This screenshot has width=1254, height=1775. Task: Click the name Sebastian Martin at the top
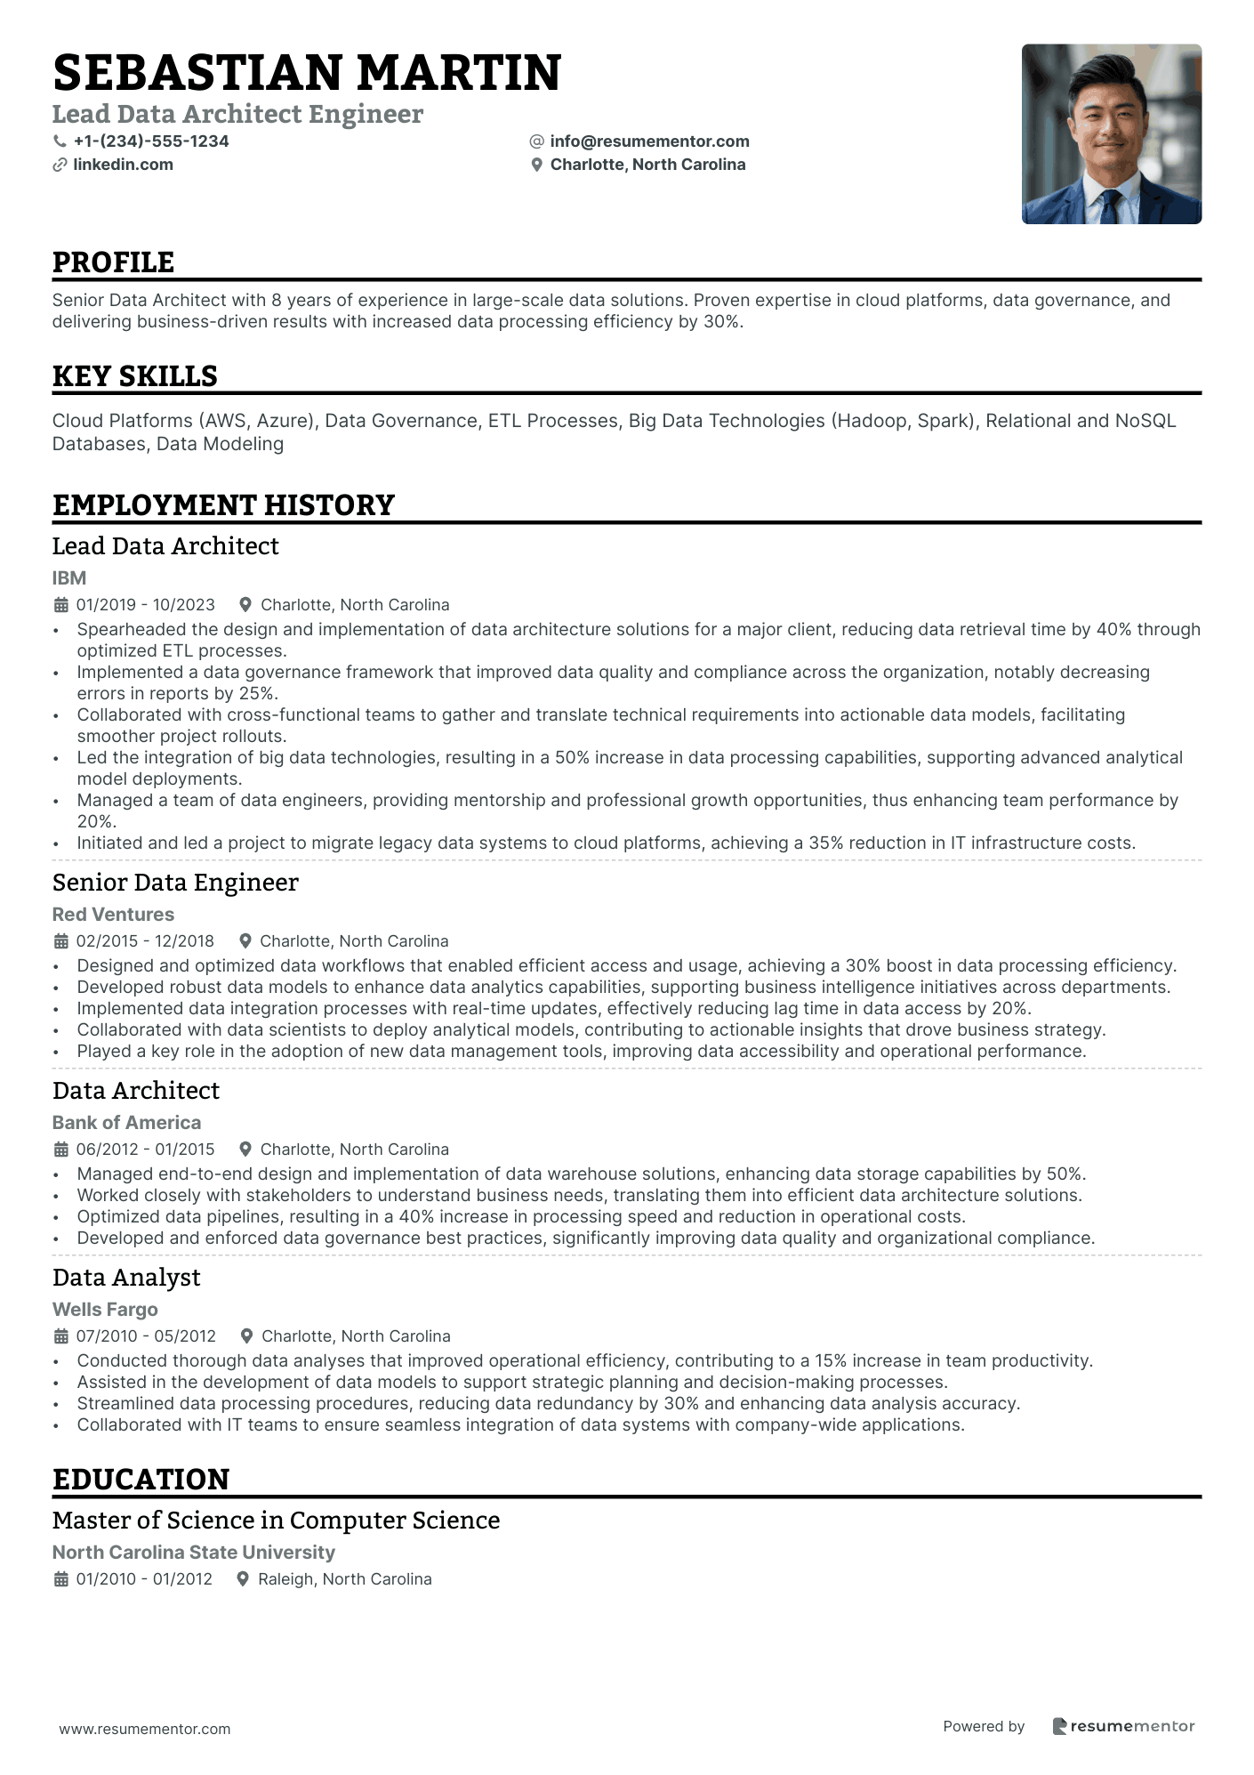(307, 73)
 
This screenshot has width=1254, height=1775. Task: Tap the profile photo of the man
(1111, 133)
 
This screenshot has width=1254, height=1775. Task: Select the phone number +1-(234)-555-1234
(151, 141)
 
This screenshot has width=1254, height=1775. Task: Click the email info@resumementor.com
(649, 141)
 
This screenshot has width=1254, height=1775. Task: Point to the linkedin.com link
(123, 165)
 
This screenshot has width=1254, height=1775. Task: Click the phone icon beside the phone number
(60, 141)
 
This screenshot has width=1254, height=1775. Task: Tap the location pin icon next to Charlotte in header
(536, 165)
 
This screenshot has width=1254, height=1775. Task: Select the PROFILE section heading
(113, 262)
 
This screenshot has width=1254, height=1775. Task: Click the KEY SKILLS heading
(134, 376)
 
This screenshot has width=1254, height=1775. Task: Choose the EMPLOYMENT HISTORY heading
(223, 505)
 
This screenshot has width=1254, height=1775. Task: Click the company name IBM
(69, 578)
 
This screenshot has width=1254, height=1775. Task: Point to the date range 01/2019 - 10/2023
(146, 605)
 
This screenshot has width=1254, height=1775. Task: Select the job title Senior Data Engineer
(175, 883)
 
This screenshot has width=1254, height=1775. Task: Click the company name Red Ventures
(113, 915)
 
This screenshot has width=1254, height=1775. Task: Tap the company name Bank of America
(126, 1123)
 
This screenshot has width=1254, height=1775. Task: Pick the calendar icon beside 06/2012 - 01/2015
(61, 1150)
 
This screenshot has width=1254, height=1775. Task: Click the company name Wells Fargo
(105, 1310)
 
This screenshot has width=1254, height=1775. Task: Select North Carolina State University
(194, 1553)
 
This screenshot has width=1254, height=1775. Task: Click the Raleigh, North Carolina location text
(344, 1579)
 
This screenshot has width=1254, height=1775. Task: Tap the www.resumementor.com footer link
(145, 1729)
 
